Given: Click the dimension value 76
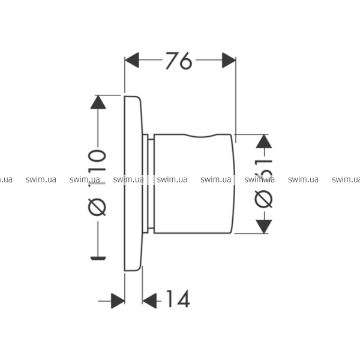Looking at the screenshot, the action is (179, 61).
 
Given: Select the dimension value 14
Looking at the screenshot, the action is (178, 299).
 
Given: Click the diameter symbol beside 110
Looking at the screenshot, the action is (97, 207).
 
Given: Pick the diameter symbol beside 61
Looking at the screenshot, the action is (263, 199).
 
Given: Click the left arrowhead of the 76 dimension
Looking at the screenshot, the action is (132, 60).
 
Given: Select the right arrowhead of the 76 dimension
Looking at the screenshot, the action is (229, 60).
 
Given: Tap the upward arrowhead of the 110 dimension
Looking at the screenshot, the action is (98, 102).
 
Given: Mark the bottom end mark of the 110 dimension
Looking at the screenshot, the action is (98, 258).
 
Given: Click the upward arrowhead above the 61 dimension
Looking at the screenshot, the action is (264, 141).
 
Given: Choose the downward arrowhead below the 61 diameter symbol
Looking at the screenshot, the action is (264, 227).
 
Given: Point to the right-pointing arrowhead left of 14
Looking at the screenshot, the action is (118, 301).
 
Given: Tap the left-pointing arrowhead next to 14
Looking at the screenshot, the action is (149, 301).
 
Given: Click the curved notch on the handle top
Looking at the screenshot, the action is (200, 137).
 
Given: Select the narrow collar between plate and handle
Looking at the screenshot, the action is (148, 184).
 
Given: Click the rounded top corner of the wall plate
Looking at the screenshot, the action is (138, 98).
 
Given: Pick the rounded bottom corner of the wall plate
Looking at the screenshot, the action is (138, 269).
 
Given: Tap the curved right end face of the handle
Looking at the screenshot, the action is (233, 184).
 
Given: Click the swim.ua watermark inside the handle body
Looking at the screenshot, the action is (172, 179).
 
